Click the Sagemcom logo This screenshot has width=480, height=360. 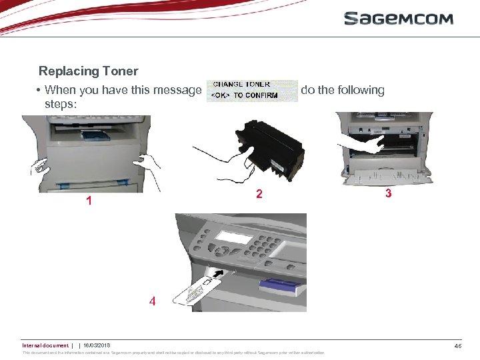[398, 18]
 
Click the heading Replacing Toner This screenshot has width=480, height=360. [88, 71]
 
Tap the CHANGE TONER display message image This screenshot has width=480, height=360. [252, 91]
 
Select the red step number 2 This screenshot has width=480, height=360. [260, 195]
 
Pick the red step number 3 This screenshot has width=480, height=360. [388, 194]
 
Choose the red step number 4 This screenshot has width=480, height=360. [153, 301]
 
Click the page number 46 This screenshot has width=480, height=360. [458, 345]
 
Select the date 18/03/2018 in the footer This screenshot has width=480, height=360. [97, 345]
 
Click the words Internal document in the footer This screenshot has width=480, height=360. [45, 345]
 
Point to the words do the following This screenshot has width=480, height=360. [343, 90]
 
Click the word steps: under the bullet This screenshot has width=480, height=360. [61, 104]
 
